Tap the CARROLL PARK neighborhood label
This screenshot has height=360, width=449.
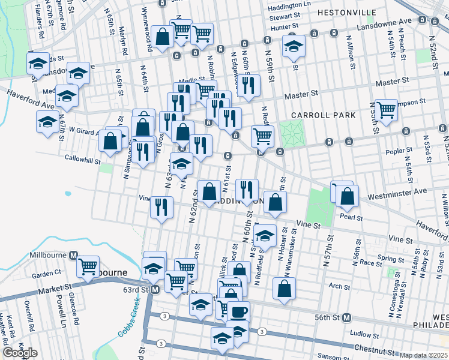[x=324, y=115]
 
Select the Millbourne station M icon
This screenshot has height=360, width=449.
[x=73, y=255]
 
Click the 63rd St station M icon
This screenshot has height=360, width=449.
[x=154, y=290]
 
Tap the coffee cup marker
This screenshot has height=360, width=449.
[x=238, y=312]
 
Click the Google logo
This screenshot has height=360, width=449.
[x=20, y=353]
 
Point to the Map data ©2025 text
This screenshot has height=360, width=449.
[x=423, y=355]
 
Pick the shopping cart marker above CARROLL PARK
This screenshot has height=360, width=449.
[x=386, y=110]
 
